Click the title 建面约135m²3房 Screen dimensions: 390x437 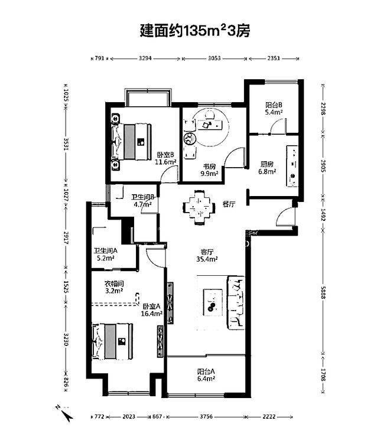pos(195,31)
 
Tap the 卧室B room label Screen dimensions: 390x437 pos(165,154)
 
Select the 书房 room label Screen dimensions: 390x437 pos(209,167)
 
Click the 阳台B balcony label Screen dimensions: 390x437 pos(274,105)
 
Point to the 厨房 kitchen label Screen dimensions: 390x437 pos(267,164)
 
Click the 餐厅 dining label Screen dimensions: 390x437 pos(229,204)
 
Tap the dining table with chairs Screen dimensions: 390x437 pos(199,207)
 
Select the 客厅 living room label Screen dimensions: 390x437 pos(207,252)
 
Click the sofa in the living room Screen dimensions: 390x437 pos(236,303)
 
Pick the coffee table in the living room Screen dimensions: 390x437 pos(213,302)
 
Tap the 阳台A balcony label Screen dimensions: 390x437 pos(206,371)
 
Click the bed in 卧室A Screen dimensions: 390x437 pos(112,341)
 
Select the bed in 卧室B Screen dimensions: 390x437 pos(131,142)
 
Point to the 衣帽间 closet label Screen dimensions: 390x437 pos(114,284)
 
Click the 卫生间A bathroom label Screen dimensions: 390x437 pos(105,250)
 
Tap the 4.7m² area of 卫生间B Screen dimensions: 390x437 pos(142,204)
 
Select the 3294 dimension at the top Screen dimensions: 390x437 pos(145,58)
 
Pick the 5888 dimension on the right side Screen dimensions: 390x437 pos(323,292)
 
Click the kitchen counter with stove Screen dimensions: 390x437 pos(292,166)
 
